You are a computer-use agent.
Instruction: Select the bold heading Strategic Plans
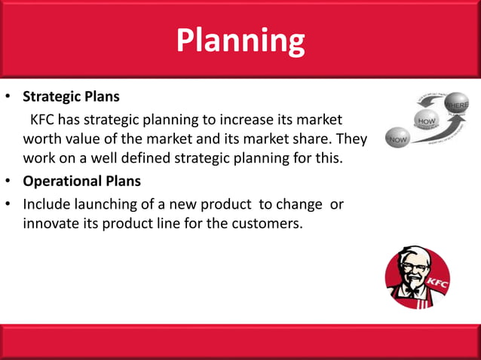coord(71,97)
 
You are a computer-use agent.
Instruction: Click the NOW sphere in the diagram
coord(397,139)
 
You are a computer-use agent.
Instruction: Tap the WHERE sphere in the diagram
coord(456,103)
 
